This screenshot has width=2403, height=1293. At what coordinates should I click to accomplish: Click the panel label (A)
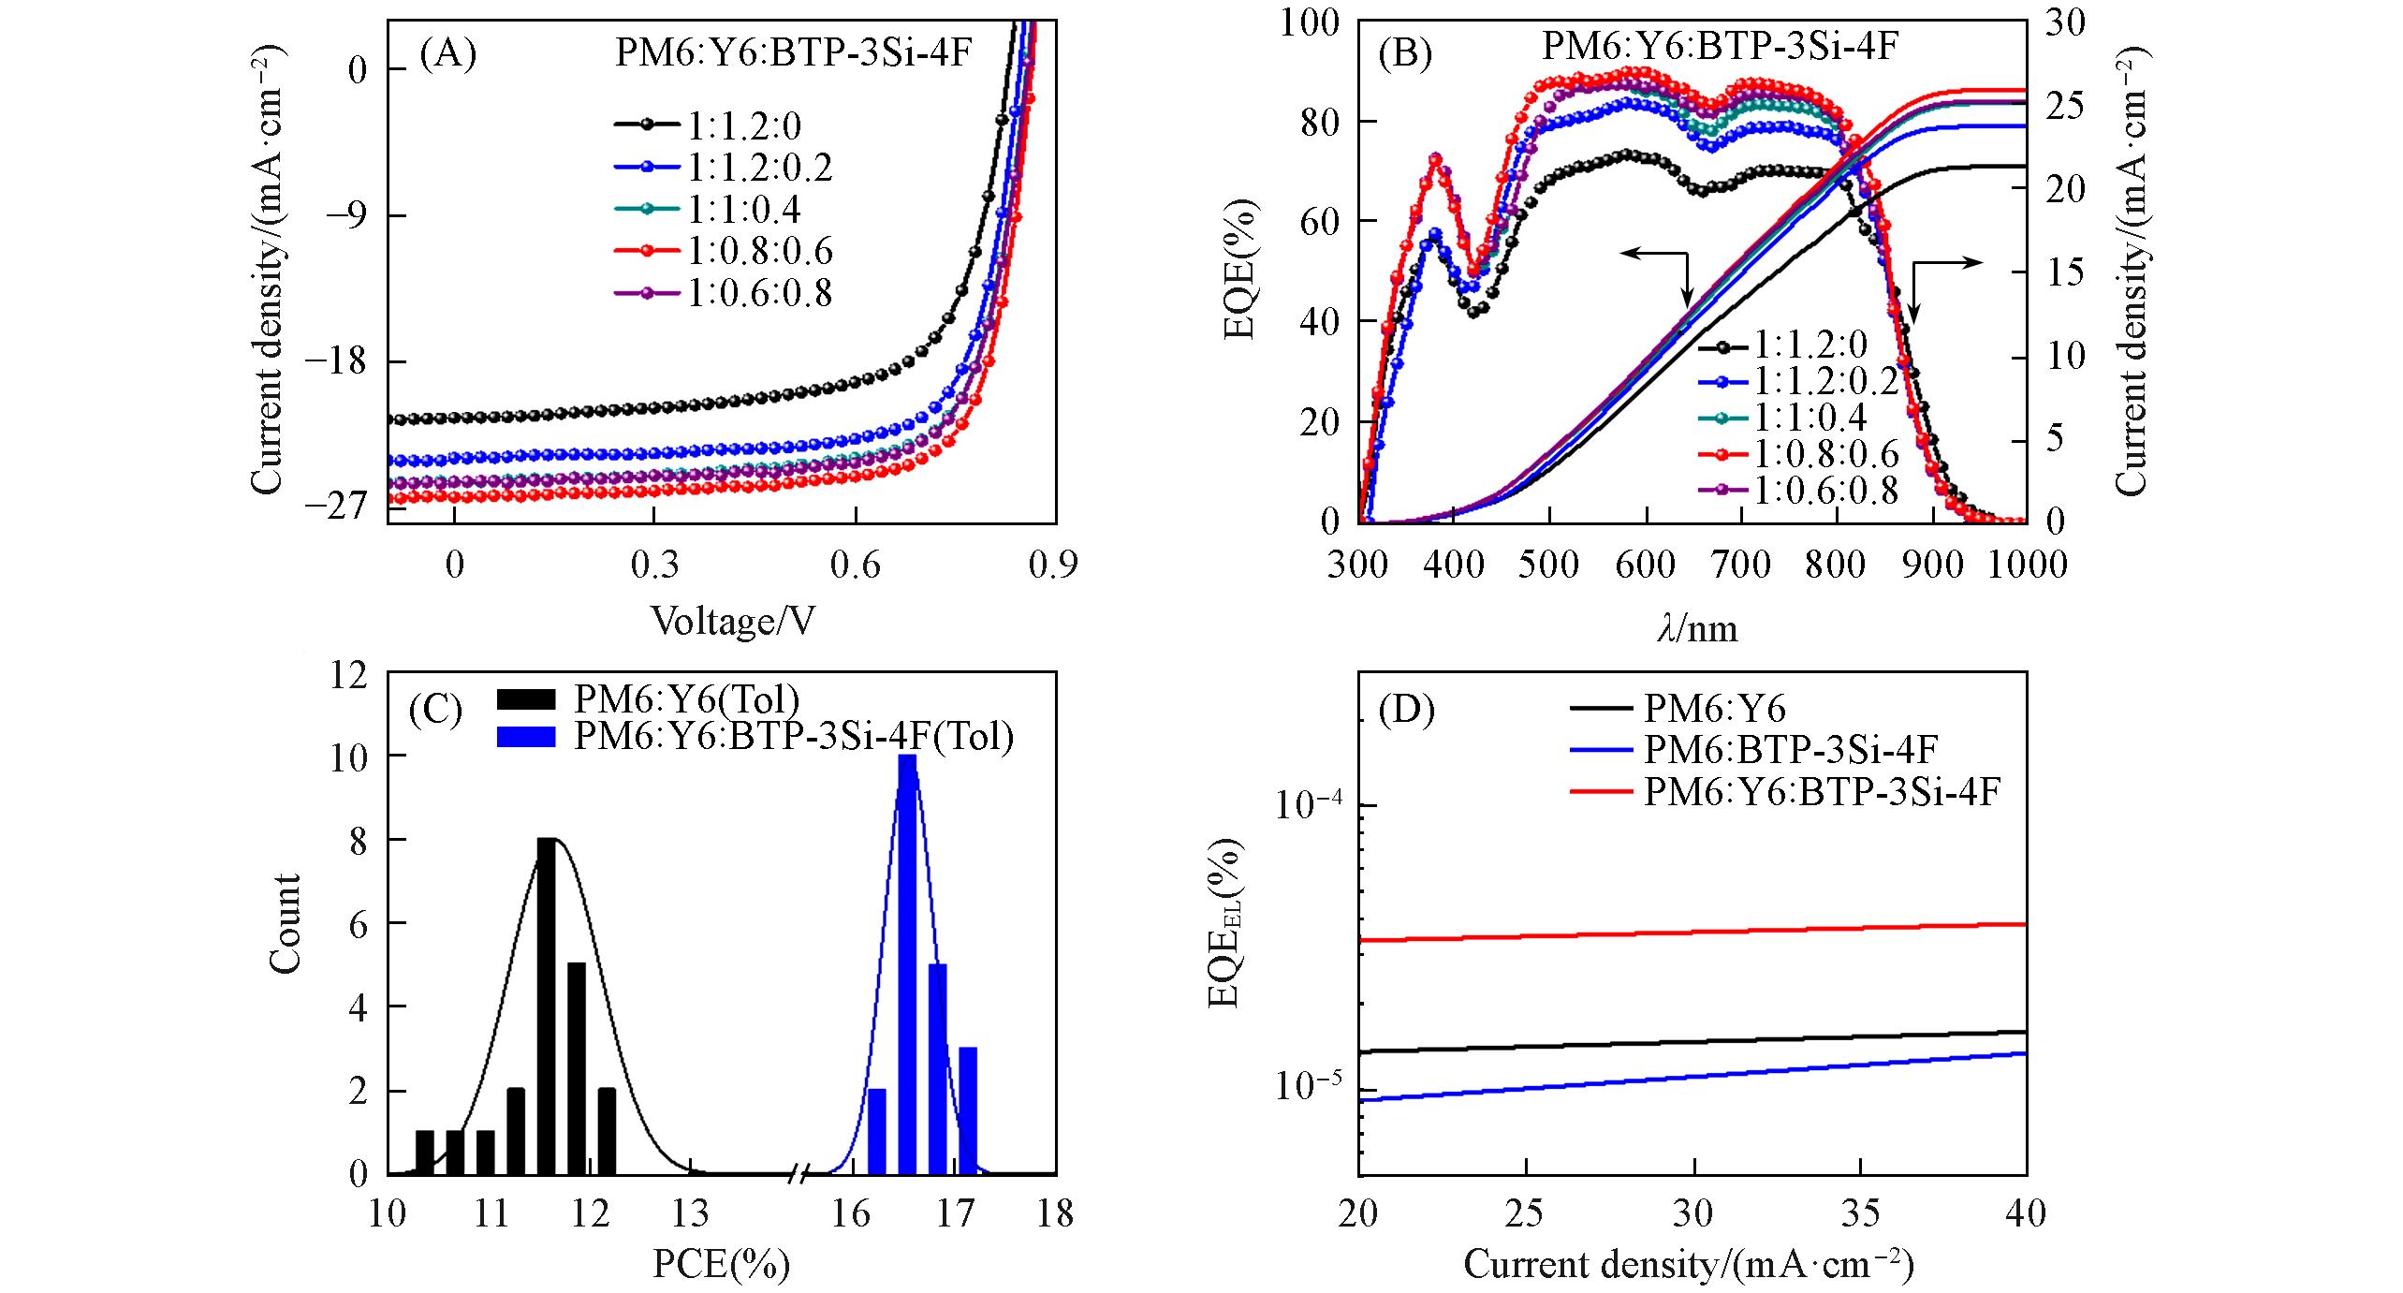448,55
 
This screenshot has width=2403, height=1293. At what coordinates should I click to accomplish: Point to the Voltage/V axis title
733,621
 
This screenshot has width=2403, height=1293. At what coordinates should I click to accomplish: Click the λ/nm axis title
1697,628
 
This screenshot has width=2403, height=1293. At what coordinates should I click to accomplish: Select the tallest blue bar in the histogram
906,963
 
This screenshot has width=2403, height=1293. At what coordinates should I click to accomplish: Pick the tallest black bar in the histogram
547,1006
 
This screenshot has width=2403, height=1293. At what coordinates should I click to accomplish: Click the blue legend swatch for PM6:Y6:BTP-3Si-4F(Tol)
528,737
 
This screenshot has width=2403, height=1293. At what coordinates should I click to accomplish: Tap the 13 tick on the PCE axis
691,1214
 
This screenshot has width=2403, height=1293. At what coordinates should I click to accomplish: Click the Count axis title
285,923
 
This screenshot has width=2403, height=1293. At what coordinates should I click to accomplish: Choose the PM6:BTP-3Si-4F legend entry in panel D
1788,749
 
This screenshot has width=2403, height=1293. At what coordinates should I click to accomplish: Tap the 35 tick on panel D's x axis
1859,1214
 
